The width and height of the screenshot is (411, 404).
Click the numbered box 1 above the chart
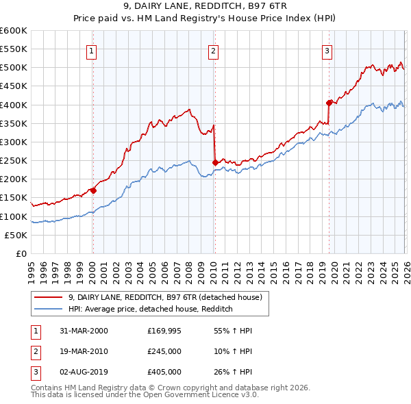tap(92, 50)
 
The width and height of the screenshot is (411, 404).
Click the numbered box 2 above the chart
tap(213, 50)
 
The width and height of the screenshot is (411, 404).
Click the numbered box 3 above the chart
tap(327, 50)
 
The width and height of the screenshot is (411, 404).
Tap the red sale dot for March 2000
tap(93, 190)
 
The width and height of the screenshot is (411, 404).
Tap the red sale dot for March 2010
tap(215, 162)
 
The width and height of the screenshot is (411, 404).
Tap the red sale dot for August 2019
tap(329, 103)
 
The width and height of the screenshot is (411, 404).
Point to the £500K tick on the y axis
tap(14, 68)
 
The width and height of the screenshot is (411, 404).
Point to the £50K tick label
tap(16, 235)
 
